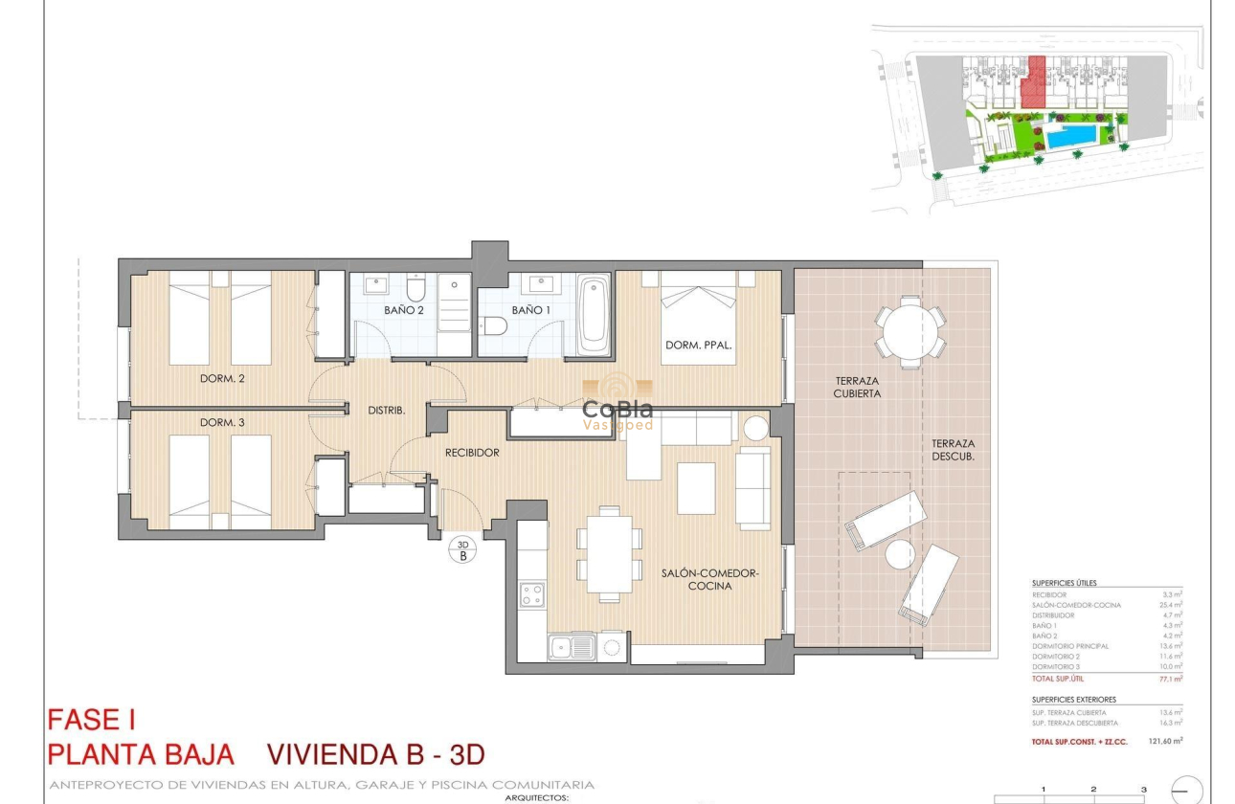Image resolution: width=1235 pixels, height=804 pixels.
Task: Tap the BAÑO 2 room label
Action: pos(403,310)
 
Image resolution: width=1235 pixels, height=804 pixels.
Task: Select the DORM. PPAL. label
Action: pos(698,346)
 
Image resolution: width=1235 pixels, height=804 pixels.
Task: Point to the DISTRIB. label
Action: pos(387,410)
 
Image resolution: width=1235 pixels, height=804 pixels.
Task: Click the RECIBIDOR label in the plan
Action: pos(472,453)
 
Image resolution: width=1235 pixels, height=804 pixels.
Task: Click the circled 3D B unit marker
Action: pos(462,549)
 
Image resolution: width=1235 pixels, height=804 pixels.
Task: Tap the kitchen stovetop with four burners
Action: pos(531,594)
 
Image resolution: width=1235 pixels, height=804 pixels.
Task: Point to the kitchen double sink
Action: pos(572,647)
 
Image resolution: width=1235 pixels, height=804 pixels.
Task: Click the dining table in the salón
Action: pos(608,553)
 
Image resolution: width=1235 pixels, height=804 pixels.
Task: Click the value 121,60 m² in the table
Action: pos(1165,741)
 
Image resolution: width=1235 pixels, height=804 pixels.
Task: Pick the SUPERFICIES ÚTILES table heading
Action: pos(1064,583)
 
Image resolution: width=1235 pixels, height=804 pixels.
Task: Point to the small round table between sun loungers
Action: pos(900,553)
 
